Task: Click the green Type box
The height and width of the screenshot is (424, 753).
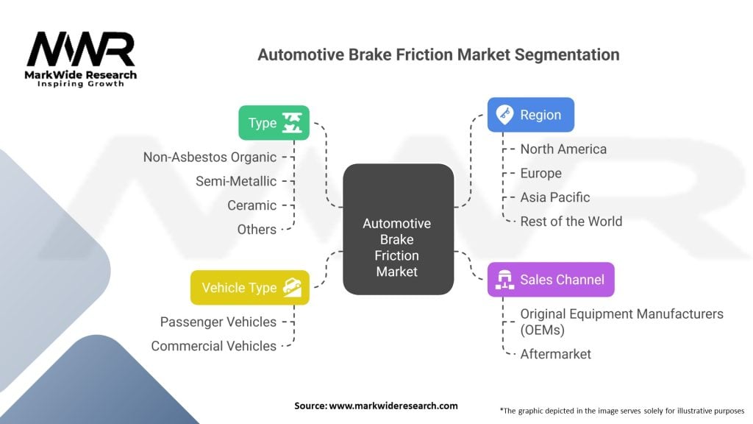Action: [274, 123]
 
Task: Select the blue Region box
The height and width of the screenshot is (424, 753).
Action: [530, 115]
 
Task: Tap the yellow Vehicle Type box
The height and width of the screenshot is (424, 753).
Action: [249, 287]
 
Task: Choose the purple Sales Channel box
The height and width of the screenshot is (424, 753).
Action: [550, 280]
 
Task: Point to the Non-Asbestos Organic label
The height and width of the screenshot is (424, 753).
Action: [210, 157]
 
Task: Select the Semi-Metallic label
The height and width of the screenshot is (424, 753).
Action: [236, 181]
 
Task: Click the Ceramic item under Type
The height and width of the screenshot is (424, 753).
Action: [251, 205]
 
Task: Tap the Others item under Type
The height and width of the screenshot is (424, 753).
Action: [257, 230]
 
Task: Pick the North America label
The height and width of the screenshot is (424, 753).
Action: [563, 149]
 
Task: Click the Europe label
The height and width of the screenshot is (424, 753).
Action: [540, 173]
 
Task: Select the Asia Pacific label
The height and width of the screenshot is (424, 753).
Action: [554, 197]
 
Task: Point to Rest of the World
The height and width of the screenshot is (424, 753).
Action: [571, 222]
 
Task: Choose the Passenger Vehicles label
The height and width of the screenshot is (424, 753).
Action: [218, 322]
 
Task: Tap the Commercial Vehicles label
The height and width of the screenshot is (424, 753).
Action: [214, 346]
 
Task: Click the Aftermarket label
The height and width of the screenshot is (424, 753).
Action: [555, 354]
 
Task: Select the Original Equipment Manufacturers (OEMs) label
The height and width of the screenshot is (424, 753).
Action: [621, 322]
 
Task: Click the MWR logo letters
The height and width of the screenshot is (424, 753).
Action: [81, 51]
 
